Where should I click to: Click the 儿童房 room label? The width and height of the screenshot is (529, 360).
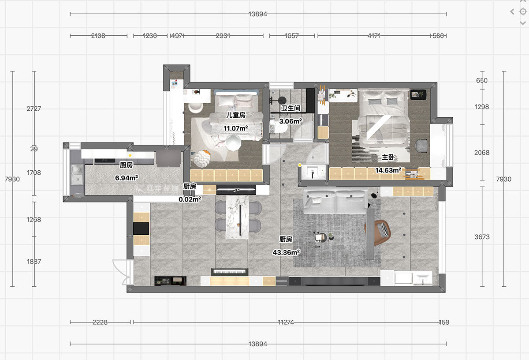point(236,115)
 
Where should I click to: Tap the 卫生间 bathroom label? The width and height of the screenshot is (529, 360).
point(291,108)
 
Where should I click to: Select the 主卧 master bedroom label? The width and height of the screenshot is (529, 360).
point(388,157)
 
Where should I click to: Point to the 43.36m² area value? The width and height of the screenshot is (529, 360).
point(286,252)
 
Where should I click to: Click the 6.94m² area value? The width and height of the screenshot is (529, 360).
point(127,178)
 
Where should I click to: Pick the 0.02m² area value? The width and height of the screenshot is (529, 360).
point(190,199)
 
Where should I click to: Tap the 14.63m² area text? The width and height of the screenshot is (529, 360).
point(388,170)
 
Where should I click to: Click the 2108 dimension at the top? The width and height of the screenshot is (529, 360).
point(98,36)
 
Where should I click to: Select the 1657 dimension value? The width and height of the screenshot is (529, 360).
point(292,36)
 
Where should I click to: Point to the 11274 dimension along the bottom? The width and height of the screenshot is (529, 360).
point(286,322)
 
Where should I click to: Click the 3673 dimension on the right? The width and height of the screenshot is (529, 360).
point(482,237)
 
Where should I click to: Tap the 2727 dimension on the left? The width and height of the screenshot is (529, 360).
point(34,109)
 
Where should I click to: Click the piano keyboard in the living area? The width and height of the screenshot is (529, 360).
point(230,272)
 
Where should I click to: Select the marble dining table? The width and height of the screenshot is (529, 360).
point(237,217)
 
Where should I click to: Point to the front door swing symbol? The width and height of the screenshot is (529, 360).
point(121,272)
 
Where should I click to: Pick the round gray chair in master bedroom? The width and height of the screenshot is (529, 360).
point(421,146)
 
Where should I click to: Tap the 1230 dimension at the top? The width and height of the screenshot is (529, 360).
point(150,36)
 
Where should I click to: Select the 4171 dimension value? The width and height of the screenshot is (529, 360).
point(374,36)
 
